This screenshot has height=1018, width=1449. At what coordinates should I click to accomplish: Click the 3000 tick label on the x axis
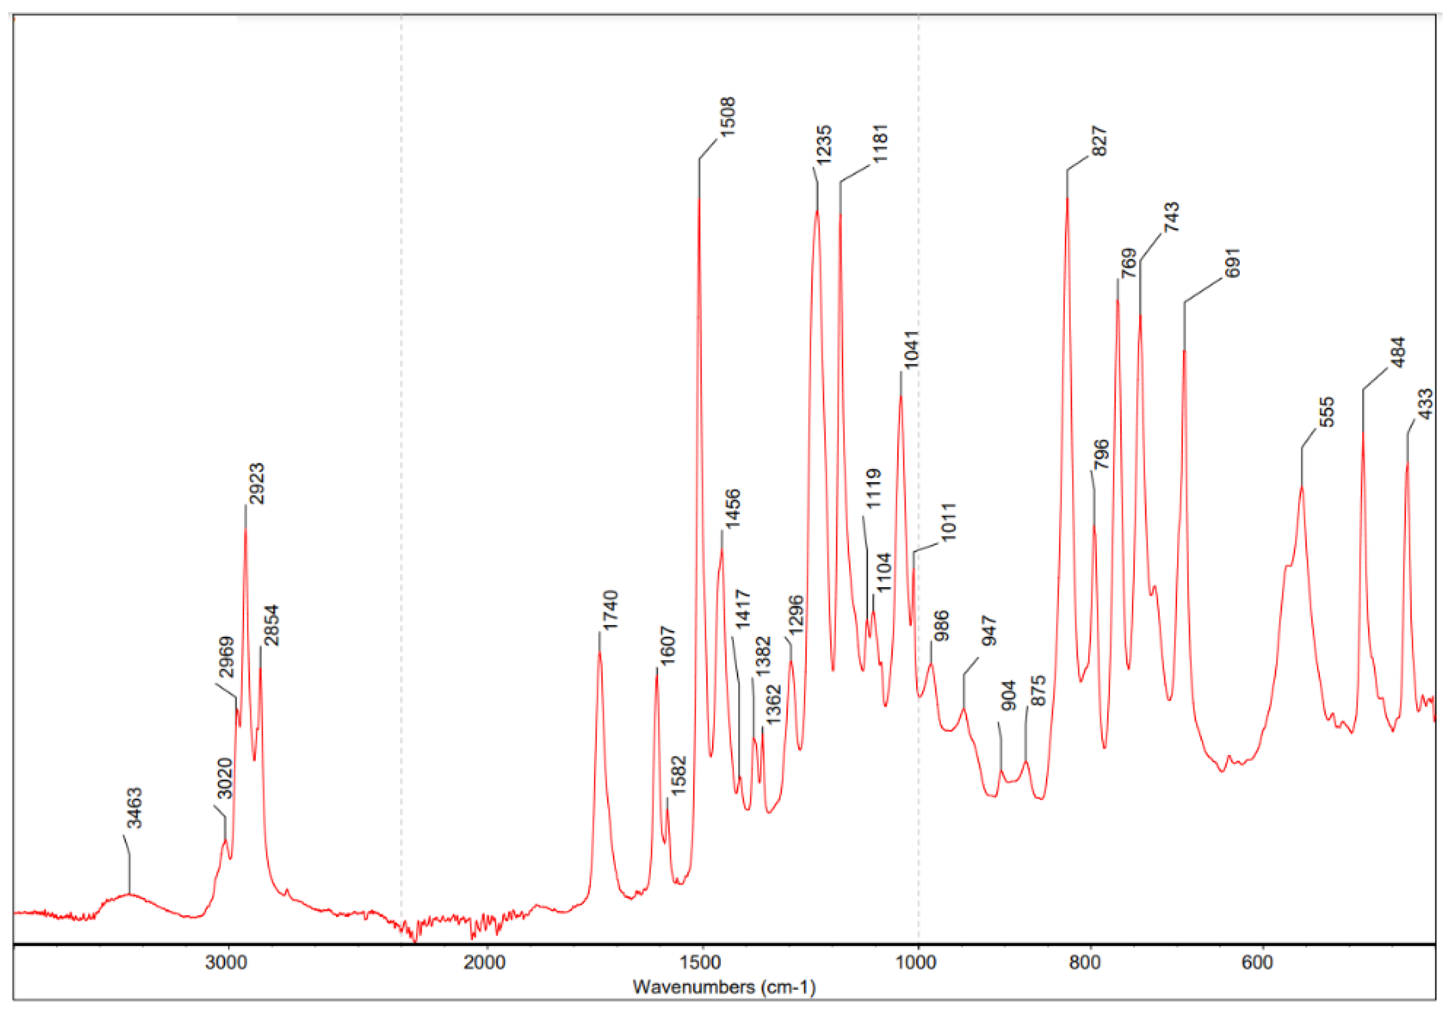coord(227,963)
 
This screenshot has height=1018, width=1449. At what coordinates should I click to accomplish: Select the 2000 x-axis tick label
coord(485,963)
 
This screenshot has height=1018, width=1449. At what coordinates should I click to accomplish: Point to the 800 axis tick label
coord(1085,963)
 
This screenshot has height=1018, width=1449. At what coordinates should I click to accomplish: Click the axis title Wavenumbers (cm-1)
coord(724,986)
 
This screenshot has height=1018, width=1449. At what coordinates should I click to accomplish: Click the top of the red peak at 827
coord(1067,198)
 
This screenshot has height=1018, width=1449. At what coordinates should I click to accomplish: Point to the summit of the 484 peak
coord(1363,432)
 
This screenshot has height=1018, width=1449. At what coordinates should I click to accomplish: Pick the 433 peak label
coord(1425,405)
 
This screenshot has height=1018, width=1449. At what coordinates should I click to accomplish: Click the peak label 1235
coord(824,145)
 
